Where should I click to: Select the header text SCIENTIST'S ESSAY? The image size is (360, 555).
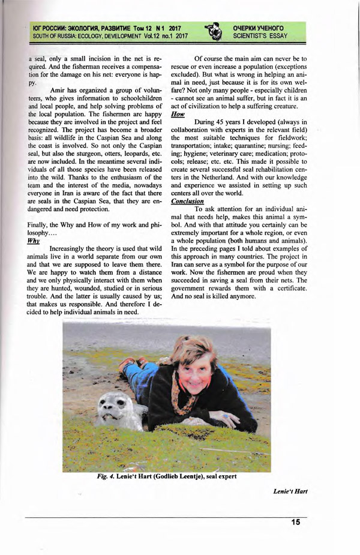260,36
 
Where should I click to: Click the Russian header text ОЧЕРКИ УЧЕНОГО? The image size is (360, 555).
258,28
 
